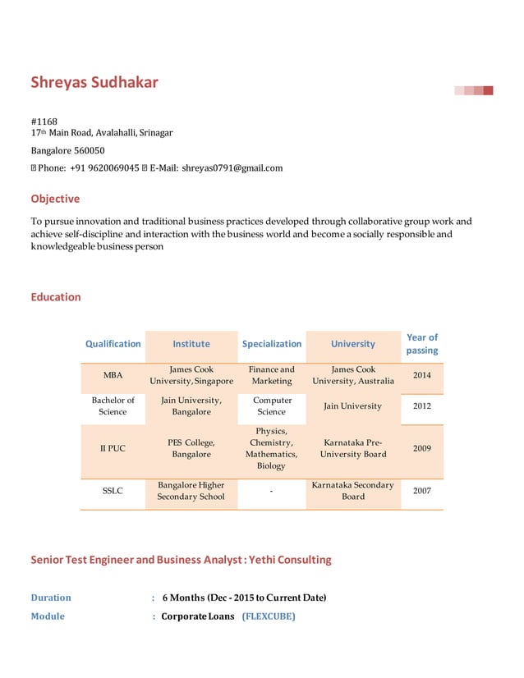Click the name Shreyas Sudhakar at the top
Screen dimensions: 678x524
click(94, 82)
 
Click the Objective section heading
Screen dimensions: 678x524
click(55, 199)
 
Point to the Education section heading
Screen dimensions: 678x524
click(56, 297)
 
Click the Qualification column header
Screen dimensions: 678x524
click(113, 344)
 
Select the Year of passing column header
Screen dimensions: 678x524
click(422, 344)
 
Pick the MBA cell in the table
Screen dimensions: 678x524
click(113, 375)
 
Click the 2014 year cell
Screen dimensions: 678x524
click(422, 375)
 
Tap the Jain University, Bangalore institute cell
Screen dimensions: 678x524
click(191, 405)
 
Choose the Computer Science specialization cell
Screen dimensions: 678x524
click(272, 405)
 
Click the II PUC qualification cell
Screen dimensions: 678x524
click(113, 448)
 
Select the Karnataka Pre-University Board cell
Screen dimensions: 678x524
click(353, 448)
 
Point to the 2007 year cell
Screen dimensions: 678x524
click(422, 491)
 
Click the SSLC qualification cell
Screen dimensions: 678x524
click(113, 491)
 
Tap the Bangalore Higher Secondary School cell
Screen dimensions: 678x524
click(191, 491)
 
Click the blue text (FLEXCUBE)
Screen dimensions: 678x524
click(269, 616)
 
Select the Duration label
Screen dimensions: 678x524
click(51, 598)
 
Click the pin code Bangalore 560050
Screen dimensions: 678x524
click(67, 151)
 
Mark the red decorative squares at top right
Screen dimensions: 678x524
click(475, 90)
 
